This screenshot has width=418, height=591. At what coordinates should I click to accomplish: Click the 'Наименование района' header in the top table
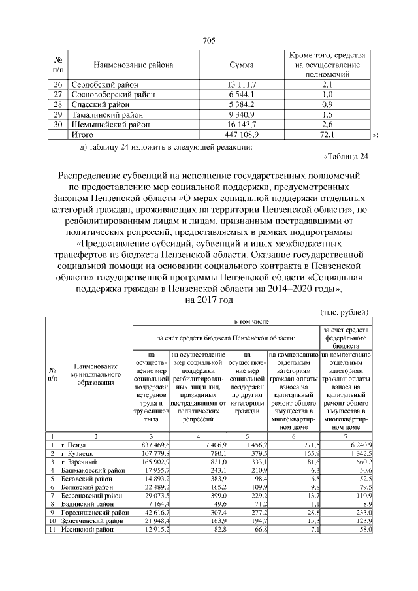click(133, 65)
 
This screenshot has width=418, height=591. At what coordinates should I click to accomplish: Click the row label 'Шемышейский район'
click(107, 124)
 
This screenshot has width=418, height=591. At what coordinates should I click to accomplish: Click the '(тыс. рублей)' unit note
click(347, 311)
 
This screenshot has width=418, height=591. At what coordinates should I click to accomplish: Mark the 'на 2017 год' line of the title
click(209, 300)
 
